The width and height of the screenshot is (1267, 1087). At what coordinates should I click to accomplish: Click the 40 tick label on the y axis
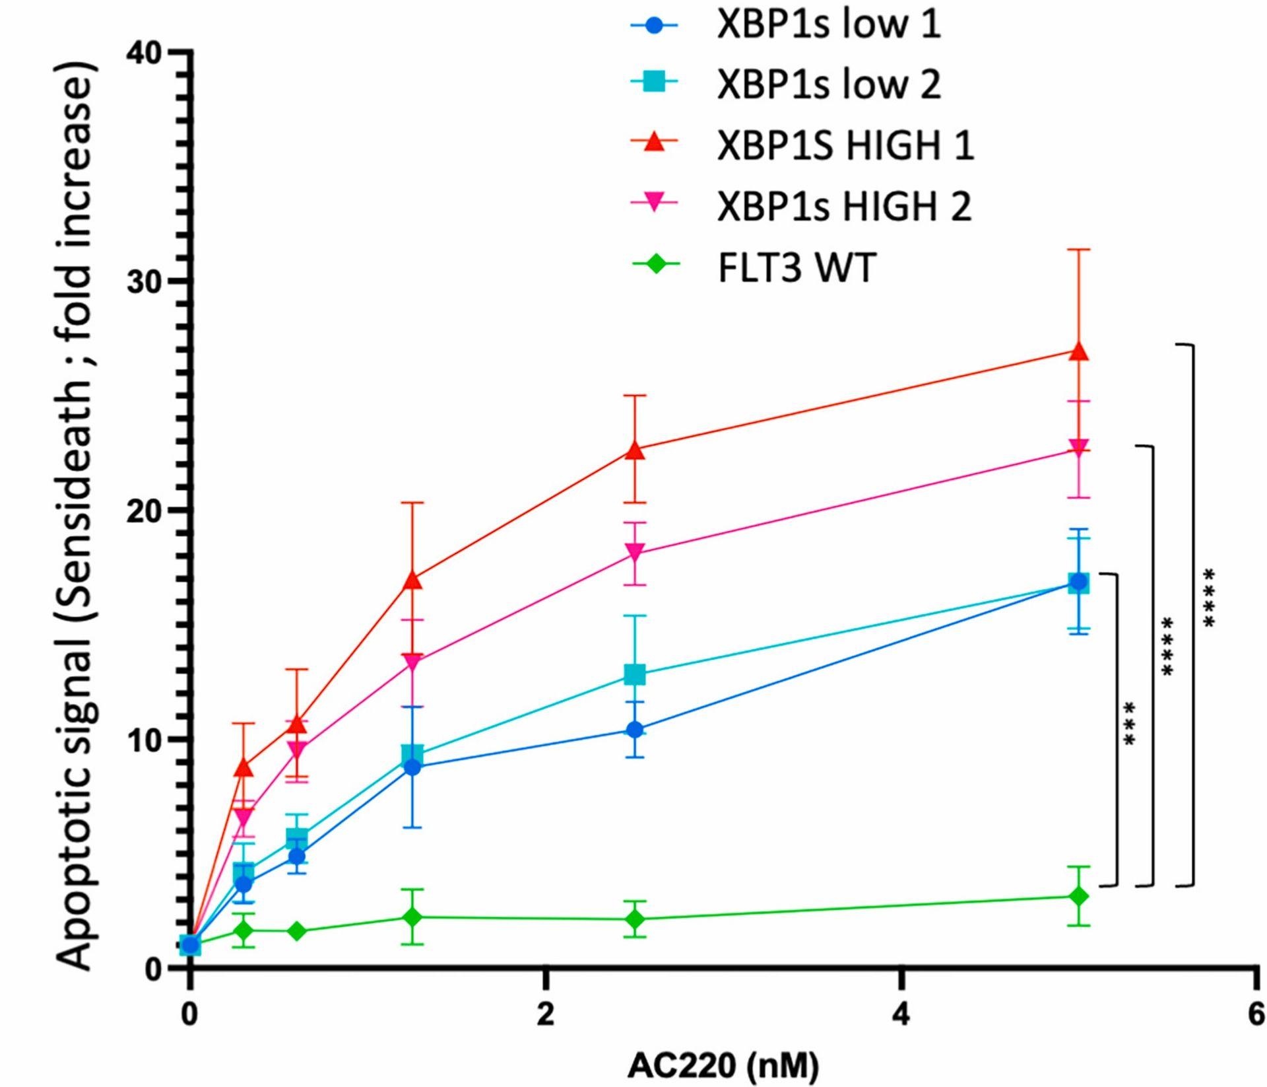(145, 52)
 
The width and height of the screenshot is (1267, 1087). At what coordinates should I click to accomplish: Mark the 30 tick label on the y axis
(145, 281)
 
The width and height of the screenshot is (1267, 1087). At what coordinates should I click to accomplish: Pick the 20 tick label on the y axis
(145, 510)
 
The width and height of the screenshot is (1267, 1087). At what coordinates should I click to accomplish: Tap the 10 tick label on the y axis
(145, 740)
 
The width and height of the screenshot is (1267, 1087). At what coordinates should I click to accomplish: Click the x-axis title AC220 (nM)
(723, 1065)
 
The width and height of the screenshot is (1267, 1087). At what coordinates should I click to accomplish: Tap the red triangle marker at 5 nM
(1079, 351)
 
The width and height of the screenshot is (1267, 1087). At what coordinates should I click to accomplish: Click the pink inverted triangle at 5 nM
(1079, 448)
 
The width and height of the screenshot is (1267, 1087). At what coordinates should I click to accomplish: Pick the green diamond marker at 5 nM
(1079, 896)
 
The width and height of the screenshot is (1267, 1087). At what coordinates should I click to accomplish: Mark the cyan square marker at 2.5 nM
(635, 674)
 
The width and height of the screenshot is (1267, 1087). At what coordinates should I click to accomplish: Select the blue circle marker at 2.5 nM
(635, 730)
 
